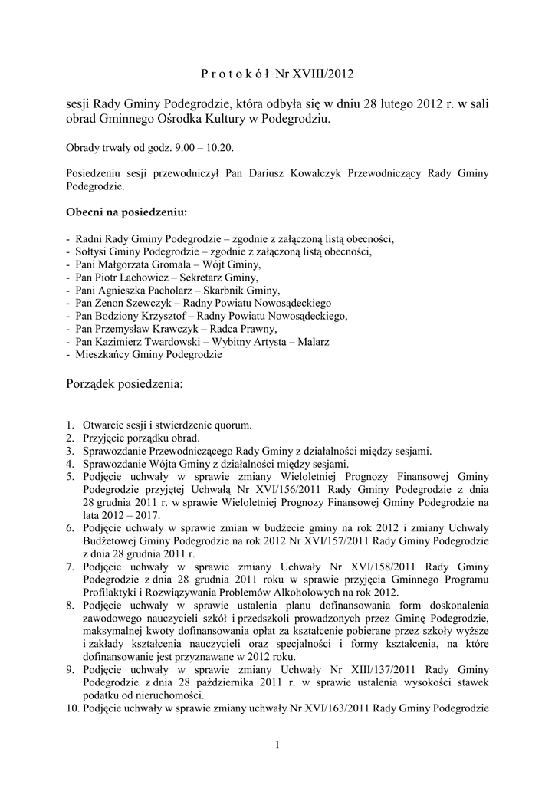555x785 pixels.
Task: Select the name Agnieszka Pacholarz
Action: (146, 290)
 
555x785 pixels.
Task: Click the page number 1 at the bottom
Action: (277, 744)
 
